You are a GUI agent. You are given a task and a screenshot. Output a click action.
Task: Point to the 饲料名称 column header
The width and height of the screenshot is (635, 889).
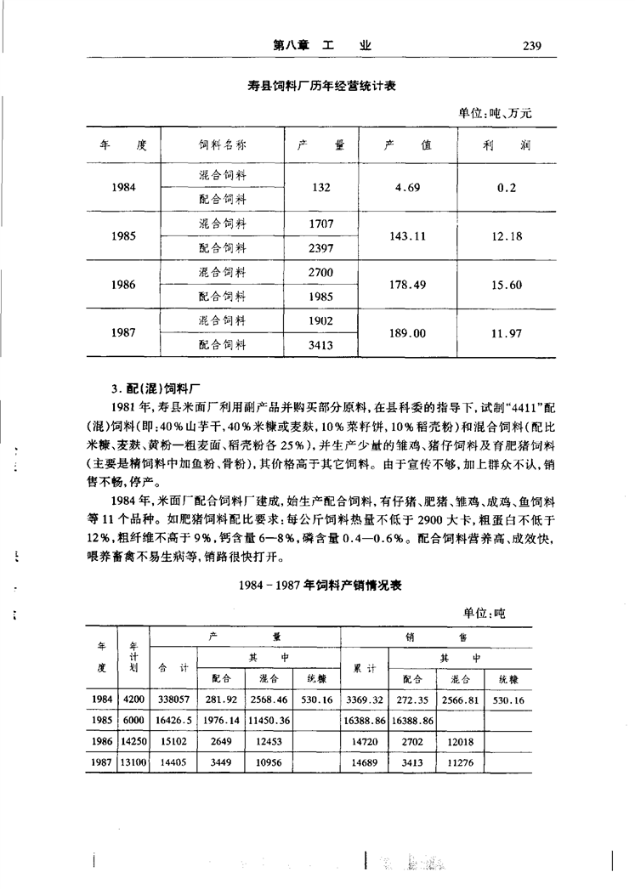click(x=223, y=145)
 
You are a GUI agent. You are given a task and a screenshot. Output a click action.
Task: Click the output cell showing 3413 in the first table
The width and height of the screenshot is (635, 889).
click(x=320, y=346)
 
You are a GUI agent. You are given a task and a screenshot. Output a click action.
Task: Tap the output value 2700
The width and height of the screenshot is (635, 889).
click(x=320, y=273)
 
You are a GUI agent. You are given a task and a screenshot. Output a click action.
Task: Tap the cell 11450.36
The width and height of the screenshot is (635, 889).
click(x=269, y=720)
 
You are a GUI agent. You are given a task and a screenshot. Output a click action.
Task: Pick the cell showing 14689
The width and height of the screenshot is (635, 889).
click(x=364, y=762)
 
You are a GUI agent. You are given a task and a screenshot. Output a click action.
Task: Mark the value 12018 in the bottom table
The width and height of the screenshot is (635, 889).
click(x=459, y=741)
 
